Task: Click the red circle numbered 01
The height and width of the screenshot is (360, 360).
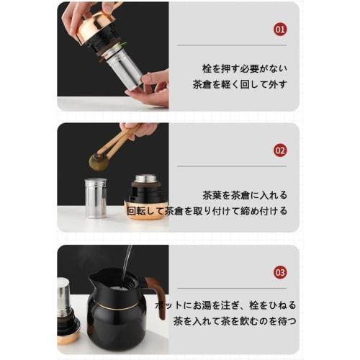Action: pos(281,30)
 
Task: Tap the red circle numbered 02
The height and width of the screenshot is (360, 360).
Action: pos(281,150)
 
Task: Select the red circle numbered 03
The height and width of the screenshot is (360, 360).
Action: pos(281,272)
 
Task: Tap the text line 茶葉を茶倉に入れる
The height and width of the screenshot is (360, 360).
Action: pos(245,195)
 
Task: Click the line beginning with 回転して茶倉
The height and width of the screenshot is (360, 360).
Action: pos(207,211)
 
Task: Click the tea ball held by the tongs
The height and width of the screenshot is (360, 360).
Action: pos(98,161)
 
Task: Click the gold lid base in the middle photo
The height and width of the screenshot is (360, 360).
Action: pos(146,214)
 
